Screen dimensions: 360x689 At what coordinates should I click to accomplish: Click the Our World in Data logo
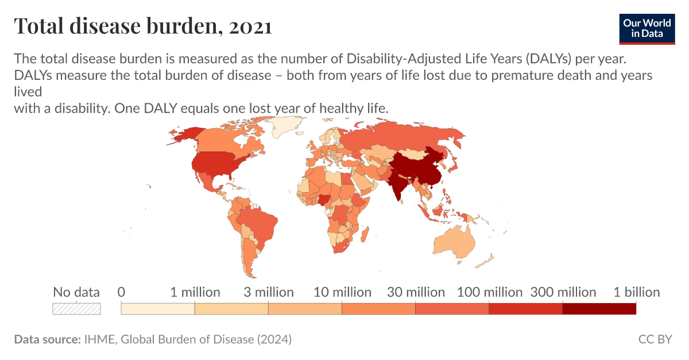point(647,29)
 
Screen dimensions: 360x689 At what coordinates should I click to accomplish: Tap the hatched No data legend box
point(76,309)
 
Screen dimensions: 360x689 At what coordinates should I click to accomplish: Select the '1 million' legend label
point(195,292)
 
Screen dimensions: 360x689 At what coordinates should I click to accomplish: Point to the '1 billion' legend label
point(636,292)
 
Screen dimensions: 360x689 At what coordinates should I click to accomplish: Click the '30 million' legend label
point(416,292)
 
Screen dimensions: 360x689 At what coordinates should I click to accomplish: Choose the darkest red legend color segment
point(599,309)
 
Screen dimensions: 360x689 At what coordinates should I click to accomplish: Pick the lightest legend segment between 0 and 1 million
point(158,309)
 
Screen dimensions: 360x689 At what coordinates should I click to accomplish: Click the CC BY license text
point(655,339)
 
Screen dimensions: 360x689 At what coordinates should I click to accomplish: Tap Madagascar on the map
point(365,235)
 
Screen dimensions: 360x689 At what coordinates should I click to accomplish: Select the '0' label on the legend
point(121,292)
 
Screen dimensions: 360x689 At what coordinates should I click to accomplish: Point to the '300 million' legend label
point(563,292)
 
